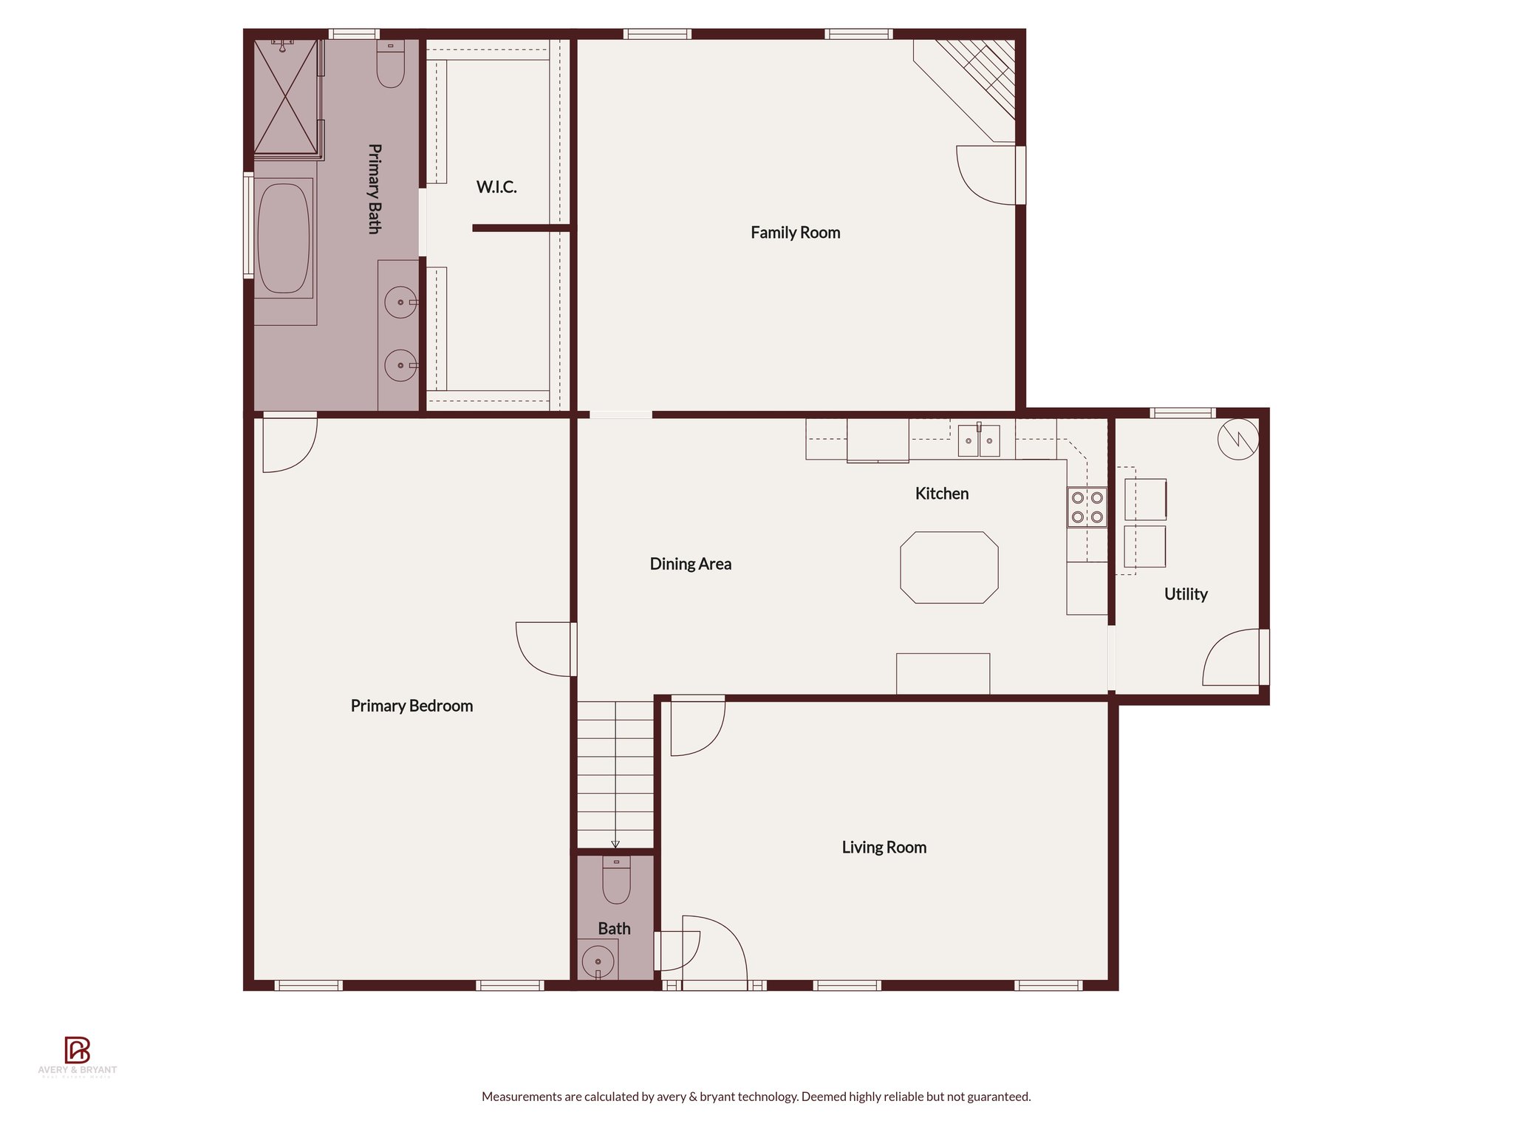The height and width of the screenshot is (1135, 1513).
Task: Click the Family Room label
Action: tap(795, 233)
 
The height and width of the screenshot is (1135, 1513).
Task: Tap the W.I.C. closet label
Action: tap(496, 187)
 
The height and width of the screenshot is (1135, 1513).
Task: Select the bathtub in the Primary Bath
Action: tap(283, 238)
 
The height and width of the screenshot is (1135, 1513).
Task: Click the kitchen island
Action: tap(949, 567)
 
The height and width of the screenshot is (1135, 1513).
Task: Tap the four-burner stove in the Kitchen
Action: tap(1087, 507)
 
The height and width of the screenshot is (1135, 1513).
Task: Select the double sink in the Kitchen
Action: tap(979, 441)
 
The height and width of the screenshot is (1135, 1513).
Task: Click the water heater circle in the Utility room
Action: tap(1238, 439)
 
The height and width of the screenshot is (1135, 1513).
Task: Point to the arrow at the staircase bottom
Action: tap(615, 843)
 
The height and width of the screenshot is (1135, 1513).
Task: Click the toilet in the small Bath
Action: tap(616, 882)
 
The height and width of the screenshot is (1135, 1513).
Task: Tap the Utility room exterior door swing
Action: tap(1232, 657)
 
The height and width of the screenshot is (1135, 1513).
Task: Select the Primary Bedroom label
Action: tap(411, 706)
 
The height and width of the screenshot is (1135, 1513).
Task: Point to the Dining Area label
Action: tap(690, 564)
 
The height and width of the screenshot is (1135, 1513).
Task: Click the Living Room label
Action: tap(884, 848)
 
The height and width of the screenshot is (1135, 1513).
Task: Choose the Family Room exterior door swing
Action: tap(985, 175)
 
